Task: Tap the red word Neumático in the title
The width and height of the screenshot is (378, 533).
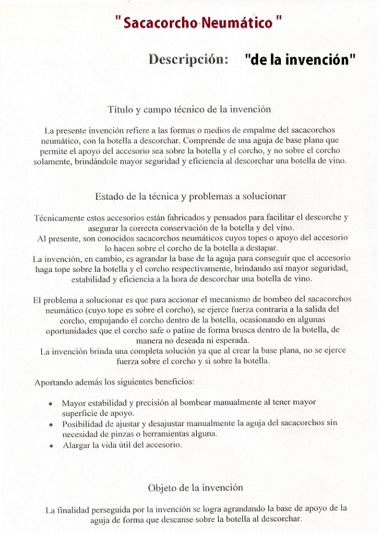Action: point(235,23)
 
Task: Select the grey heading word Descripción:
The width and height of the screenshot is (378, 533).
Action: point(189,60)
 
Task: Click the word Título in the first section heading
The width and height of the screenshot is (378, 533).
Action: point(120,110)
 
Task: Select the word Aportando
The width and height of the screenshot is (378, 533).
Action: point(55,382)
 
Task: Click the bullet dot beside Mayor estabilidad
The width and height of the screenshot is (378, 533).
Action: point(50,404)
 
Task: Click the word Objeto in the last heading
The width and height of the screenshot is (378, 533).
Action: point(162,487)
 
